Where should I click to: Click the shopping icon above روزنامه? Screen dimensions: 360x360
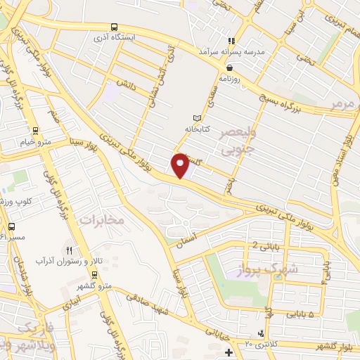[x=230, y=68]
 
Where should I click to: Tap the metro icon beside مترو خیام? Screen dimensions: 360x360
[x=31, y=129]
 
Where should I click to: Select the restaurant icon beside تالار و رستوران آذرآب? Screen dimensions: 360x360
[x=69, y=250]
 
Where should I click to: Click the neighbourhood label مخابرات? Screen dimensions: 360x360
[x=101, y=220]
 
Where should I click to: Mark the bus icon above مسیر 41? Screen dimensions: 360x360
[x=12, y=226]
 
